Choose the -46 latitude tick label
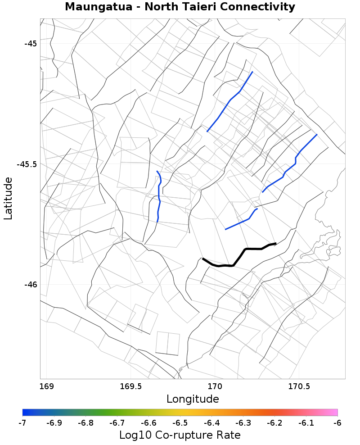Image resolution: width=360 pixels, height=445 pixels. coord(31,284)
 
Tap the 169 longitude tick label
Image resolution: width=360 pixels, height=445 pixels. coord(46,386)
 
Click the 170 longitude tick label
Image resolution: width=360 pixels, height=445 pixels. coord(215,386)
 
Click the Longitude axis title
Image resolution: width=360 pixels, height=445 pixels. coord(193,399)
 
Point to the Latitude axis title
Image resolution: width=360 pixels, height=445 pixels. coord(8,198)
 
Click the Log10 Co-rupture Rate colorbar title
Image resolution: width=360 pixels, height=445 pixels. coord(180,435)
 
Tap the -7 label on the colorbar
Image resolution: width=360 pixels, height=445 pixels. coord(22,423)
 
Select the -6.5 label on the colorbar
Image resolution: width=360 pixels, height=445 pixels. coord(180,423)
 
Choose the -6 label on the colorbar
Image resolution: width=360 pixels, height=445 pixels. coord(337,423)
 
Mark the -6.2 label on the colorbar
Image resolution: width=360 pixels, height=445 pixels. coord(274,423)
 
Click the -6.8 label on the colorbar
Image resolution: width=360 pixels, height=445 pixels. coord(85,423)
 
